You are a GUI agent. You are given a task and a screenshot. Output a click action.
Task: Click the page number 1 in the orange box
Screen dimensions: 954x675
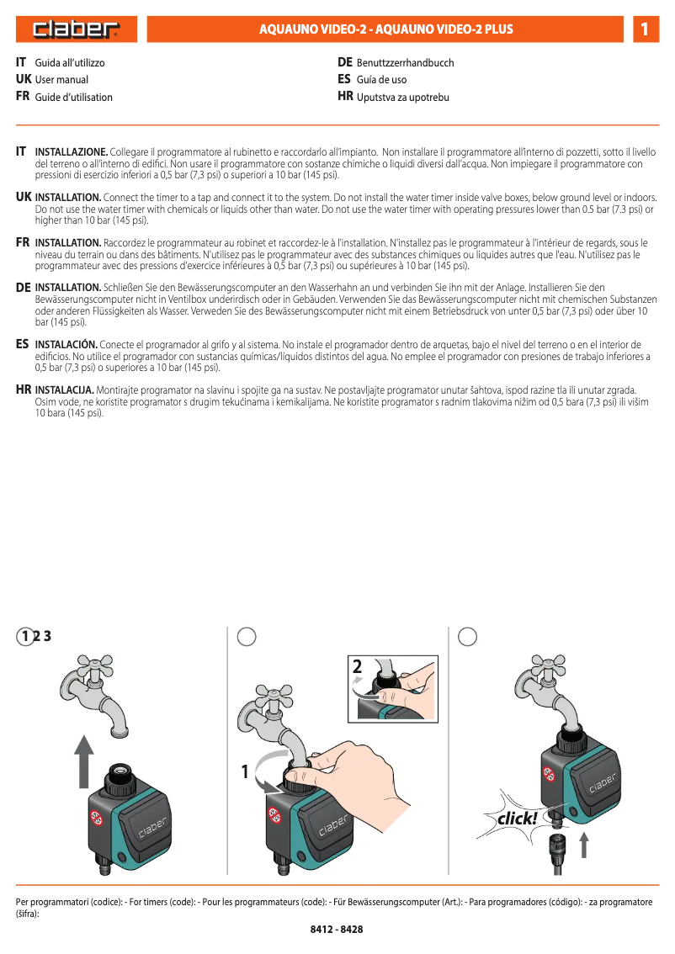coord(644,29)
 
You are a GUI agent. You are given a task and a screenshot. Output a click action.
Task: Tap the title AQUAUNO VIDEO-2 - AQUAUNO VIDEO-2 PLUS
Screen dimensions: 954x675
coord(385,29)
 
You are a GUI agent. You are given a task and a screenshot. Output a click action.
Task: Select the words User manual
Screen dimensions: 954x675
coord(61,80)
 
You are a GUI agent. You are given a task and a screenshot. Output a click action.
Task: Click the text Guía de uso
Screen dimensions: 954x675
coord(381,80)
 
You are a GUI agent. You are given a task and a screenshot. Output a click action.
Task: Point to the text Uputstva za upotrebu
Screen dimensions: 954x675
coord(403,98)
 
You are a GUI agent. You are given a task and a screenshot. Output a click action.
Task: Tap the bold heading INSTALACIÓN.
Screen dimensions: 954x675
coord(66,345)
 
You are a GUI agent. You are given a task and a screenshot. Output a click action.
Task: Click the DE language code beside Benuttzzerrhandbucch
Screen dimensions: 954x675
coord(344,63)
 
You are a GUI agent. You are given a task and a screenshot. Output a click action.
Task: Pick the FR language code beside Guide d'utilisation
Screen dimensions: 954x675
coord(23,97)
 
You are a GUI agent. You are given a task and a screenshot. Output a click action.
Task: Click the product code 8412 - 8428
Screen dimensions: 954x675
coord(337,930)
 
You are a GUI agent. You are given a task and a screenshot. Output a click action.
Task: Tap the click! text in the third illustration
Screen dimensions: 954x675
coord(517,818)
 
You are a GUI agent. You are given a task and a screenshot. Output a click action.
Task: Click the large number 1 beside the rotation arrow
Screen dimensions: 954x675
coord(246,771)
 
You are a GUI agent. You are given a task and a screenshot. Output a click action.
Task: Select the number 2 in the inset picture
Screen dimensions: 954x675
coord(358,667)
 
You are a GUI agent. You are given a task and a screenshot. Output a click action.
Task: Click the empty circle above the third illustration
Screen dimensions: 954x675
coord(468,637)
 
